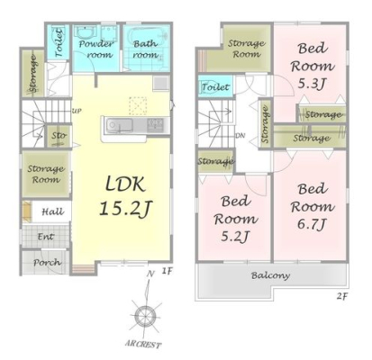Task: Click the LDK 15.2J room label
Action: tap(126, 196)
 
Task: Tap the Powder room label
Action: tap(95, 49)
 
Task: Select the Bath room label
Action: tap(145, 49)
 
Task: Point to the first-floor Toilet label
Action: tap(59, 42)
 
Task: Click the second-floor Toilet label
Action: tap(215, 87)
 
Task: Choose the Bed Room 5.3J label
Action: tap(313, 66)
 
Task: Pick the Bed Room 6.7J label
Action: tap(313, 207)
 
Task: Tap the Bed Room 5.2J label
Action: tap(236, 219)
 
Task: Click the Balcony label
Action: tap(270, 275)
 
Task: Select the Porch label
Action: tap(47, 263)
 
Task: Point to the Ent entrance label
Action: tap(46, 237)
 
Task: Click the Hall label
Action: tap(52, 211)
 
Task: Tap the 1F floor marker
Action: tap(167, 272)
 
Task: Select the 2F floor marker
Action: tap(341, 297)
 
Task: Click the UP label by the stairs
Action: tap(77, 111)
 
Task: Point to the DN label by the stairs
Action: tap(240, 136)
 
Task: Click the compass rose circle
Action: tap(145, 317)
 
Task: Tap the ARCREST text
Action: tap(143, 344)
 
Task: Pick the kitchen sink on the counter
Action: tap(120, 125)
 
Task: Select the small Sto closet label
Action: tap(59, 136)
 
